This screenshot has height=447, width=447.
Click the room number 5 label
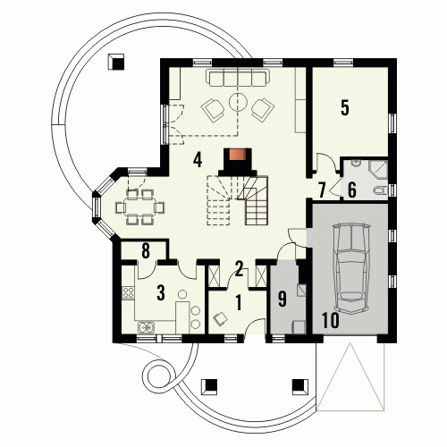click(x=345, y=108)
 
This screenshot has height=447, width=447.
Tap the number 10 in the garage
click(x=331, y=320)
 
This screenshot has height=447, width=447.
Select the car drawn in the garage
click(x=351, y=268)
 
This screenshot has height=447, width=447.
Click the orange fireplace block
click(x=237, y=155)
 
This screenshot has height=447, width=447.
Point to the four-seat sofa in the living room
click(x=238, y=78)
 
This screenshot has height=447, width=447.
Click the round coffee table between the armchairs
click(x=238, y=102)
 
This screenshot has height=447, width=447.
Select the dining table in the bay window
click(x=140, y=207)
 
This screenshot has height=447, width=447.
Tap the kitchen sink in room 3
click(x=146, y=327)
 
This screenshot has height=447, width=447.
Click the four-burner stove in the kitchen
click(x=128, y=292)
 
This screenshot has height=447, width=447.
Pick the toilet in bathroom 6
click(x=380, y=190)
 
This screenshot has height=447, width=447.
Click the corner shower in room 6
click(x=378, y=170)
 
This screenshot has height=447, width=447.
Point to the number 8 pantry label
click(x=146, y=251)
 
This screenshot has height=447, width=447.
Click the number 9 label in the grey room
click(x=282, y=299)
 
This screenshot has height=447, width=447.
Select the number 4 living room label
click(x=198, y=159)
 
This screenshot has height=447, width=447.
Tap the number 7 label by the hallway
click(x=322, y=190)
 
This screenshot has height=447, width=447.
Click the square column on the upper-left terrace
click(x=115, y=62)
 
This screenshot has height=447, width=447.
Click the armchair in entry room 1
click(x=221, y=318)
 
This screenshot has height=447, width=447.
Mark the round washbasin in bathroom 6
click(x=357, y=163)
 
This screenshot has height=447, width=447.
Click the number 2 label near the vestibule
click(x=239, y=269)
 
